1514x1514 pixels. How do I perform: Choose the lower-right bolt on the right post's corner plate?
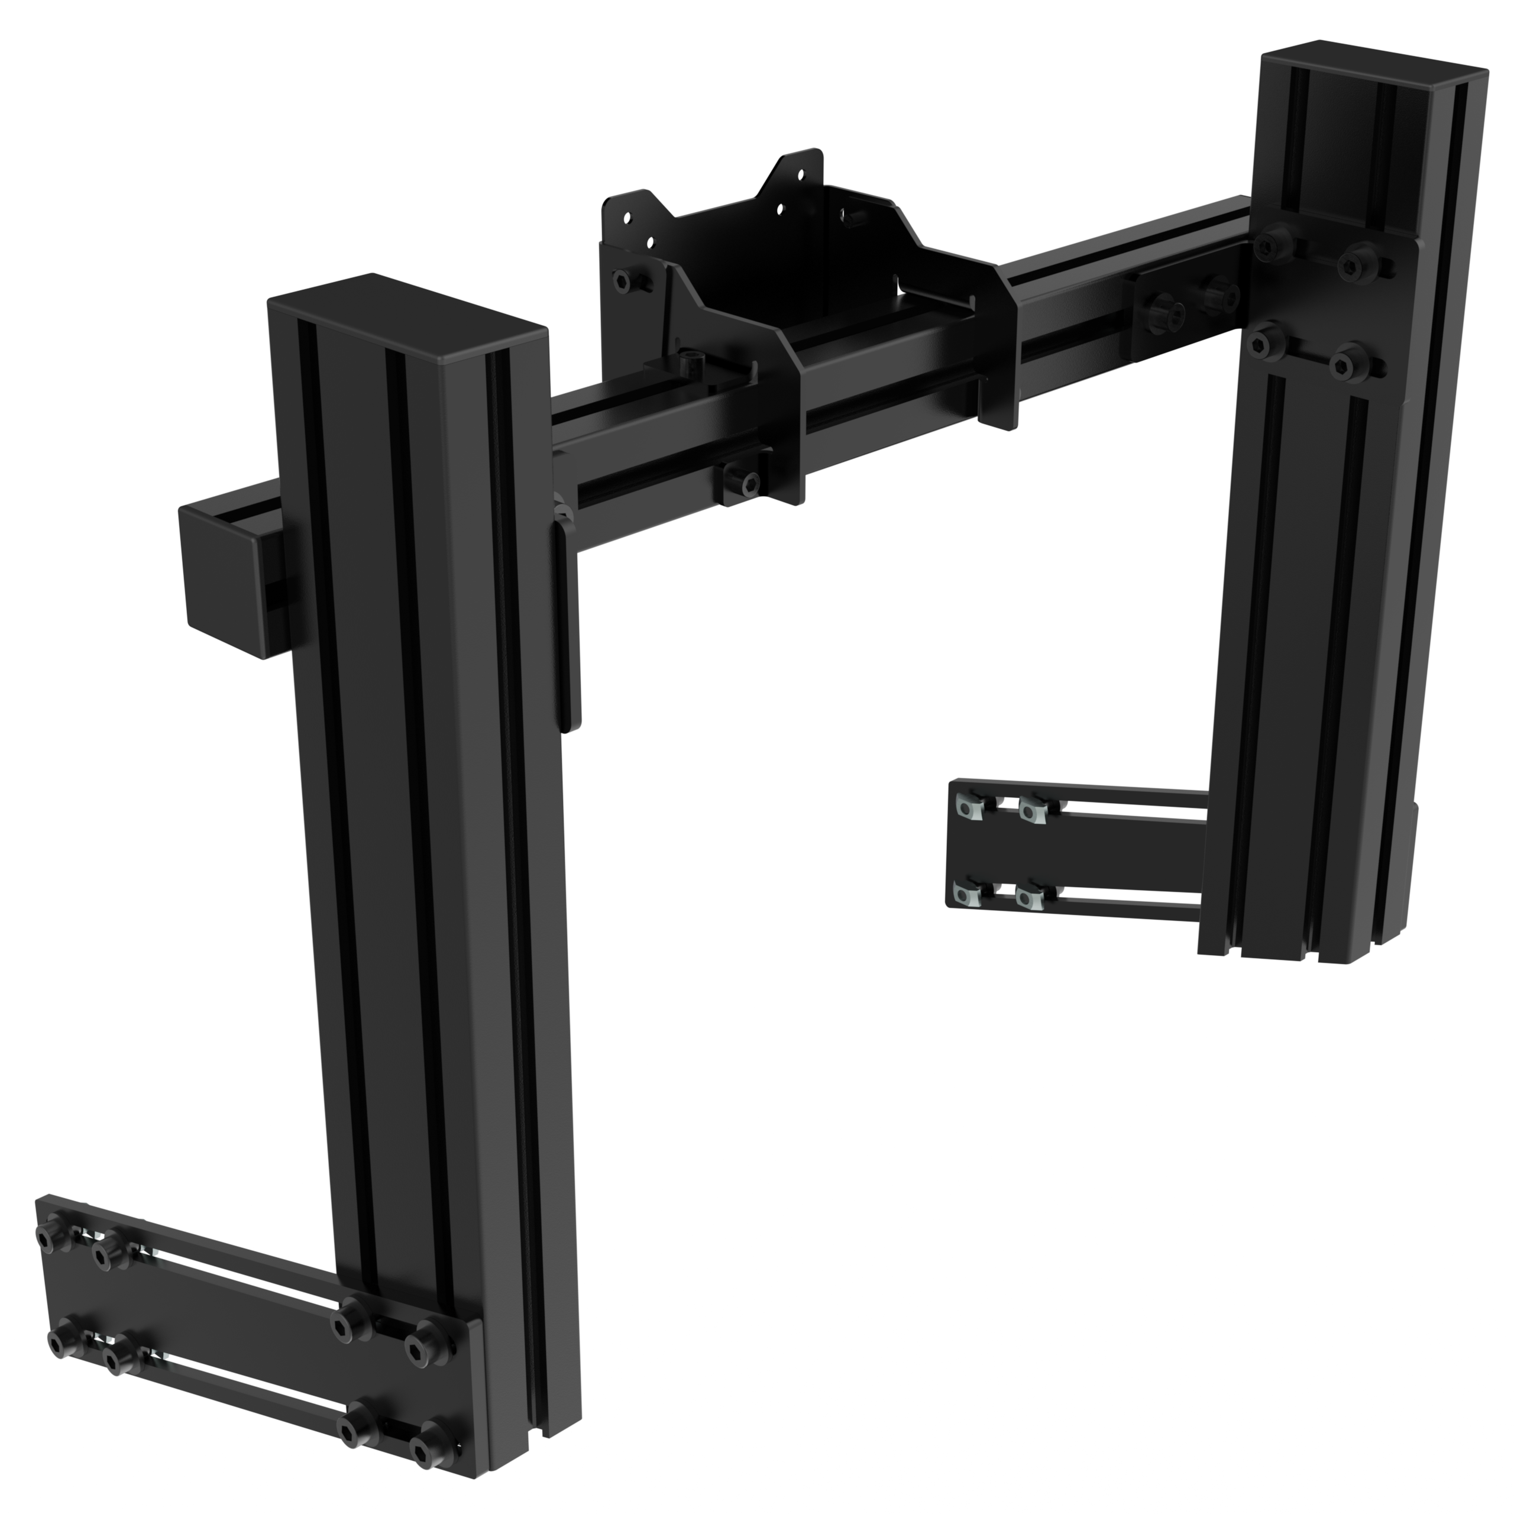coord(1350,361)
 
